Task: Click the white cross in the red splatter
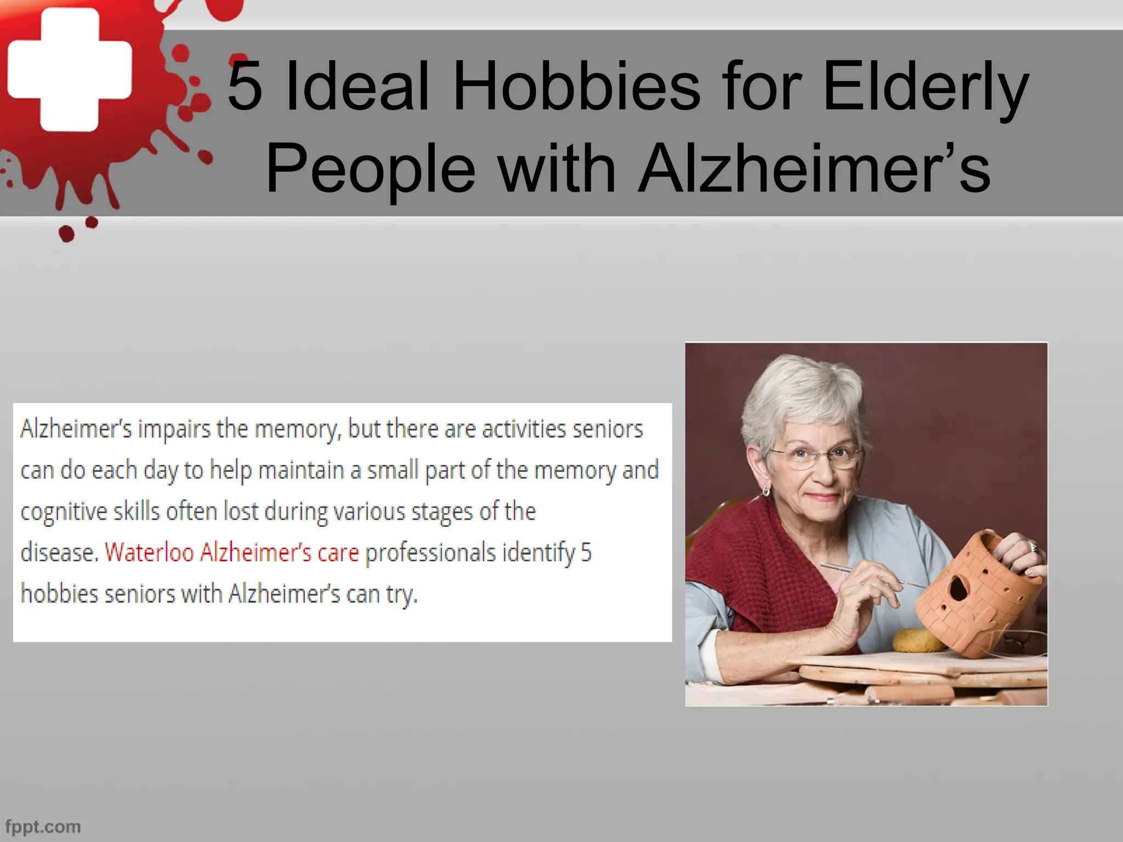(x=70, y=70)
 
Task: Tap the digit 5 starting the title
(x=245, y=86)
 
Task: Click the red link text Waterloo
(x=149, y=553)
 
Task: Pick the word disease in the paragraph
(x=58, y=553)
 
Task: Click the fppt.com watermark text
(x=43, y=826)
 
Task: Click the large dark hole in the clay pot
(x=958, y=589)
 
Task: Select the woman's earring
(x=765, y=490)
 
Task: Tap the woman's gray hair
(x=795, y=395)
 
